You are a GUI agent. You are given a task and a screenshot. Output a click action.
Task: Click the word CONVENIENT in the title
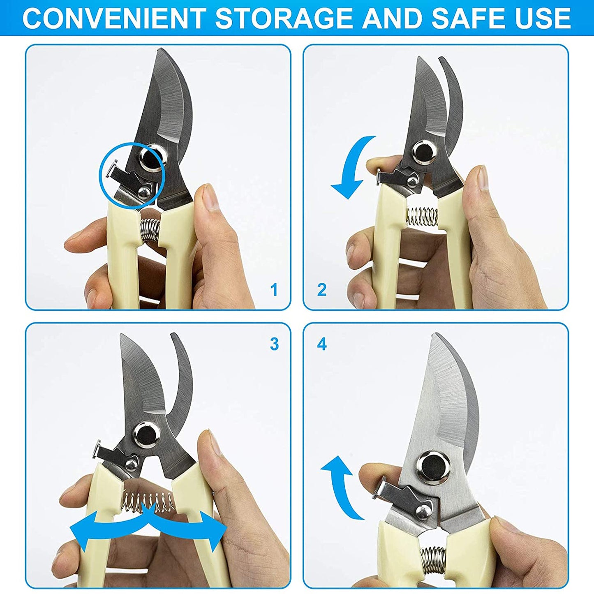point(113,18)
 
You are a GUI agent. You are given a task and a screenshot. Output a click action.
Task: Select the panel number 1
point(274,290)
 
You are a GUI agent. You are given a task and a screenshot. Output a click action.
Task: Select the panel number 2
point(321,290)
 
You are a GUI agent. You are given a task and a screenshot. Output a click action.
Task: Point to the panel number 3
point(274,344)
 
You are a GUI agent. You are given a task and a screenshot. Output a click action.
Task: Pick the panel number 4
point(321,344)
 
